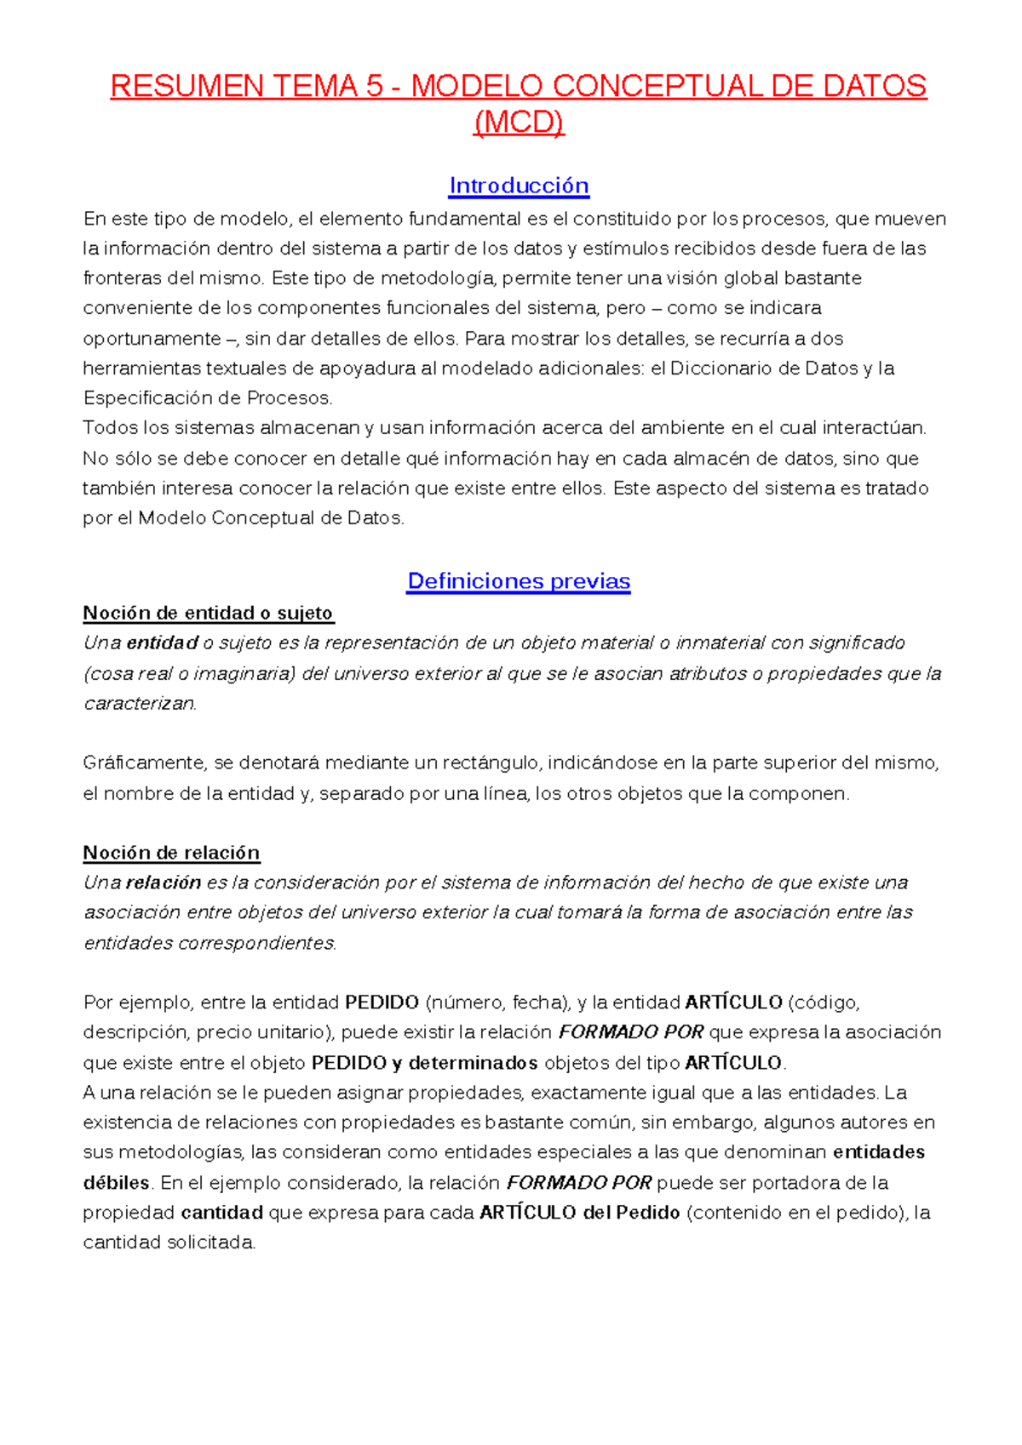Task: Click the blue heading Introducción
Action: pos(519,186)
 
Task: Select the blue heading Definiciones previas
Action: pos(519,581)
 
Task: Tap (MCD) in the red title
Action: pos(519,123)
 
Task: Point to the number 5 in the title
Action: pos(375,86)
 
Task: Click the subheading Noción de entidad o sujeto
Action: pos(208,613)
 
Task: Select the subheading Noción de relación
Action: pos(171,853)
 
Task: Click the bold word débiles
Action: pos(116,1183)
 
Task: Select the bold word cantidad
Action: pos(221,1213)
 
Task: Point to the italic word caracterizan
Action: pos(140,704)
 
